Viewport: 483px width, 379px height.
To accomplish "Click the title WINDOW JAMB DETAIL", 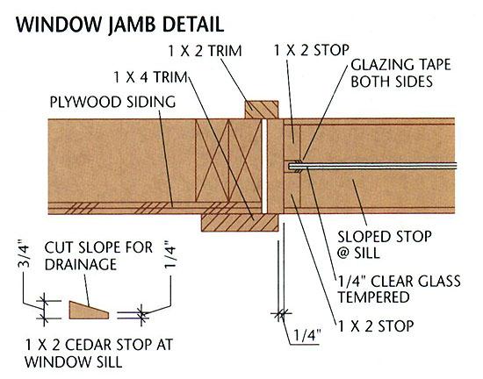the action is pos(119,25).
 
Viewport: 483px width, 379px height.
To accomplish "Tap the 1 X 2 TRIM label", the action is pos(205,51).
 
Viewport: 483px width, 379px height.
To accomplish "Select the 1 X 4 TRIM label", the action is pos(151,77).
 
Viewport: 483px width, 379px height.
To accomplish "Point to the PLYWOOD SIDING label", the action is pos(112,102).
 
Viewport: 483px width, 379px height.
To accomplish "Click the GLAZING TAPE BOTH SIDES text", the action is pos(400,73).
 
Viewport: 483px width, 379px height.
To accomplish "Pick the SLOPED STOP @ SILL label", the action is pos(385,245).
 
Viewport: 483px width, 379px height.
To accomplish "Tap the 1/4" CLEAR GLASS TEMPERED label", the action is pos(399,290).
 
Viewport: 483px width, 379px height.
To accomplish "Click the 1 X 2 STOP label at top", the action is pos(312,50).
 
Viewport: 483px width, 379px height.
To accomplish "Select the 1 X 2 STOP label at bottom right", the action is pos(376,325).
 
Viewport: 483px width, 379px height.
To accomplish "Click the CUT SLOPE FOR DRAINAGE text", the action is pos(98,256).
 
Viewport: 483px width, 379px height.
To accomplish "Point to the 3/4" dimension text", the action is pos(25,252).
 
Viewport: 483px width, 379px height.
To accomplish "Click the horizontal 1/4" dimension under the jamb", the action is pos(306,335).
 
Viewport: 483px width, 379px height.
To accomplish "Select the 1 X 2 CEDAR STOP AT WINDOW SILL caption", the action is pos(98,353).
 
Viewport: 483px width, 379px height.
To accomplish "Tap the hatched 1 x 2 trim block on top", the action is pos(262,110).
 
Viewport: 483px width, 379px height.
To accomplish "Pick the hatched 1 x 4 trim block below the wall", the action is pos(240,223).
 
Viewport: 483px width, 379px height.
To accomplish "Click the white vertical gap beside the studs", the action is pos(264,166).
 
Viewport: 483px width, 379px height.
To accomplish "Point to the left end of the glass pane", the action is pos(289,167).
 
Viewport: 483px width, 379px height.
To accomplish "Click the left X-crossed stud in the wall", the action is pos(212,160).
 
